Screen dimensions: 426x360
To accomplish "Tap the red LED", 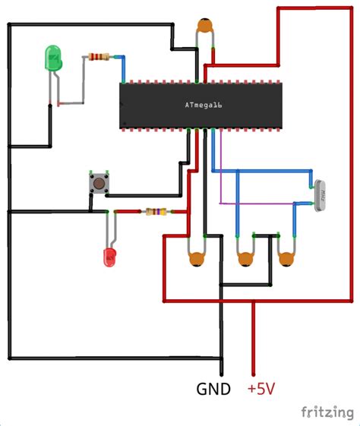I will [x=110, y=257].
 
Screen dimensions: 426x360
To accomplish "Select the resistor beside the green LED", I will [x=98, y=56].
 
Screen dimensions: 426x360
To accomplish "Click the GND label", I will [x=215, y=390].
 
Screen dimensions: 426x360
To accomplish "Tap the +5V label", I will [x=261, y=390].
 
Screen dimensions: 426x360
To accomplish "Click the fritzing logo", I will [x=327, y=412].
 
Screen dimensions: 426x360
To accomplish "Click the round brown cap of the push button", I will [x=98, y=182].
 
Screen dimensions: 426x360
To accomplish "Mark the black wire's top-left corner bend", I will [x=9, y=24].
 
